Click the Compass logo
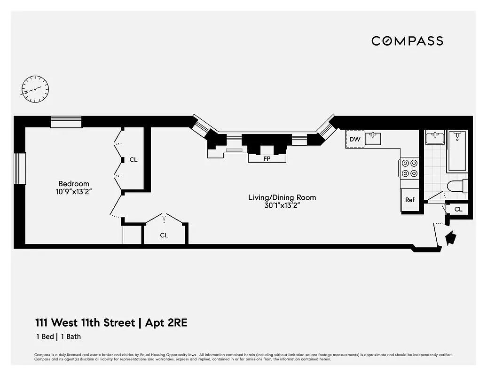click(x=407, y=41)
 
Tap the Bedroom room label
click(x=73, y=183)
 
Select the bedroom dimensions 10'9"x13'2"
click(x=73, y=192)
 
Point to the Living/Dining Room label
click(x=282, y=197)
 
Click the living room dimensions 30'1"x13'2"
click(x=282, y=205)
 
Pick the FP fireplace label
click(x=267, y=159)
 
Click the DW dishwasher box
click(x=355, y=140)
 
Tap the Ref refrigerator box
click(x=410, y=200)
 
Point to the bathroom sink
click(x=435, y=137)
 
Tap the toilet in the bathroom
click(x=457, y=186)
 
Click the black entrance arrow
click(x=450, y=237)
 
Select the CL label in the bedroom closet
click(x=134, y=160)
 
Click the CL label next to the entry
click(x=458, y=209)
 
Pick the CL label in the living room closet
click(x=164, y=235)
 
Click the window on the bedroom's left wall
click(x=20, y=168)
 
